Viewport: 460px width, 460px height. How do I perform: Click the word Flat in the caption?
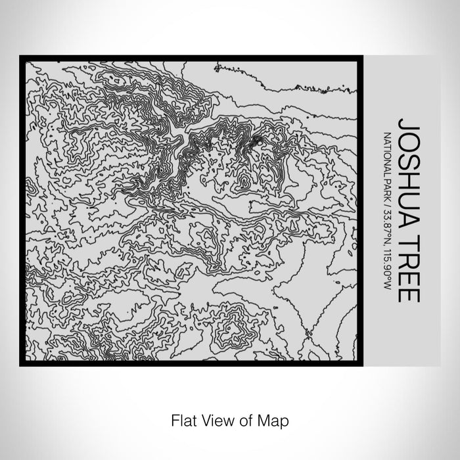[x=182, y=419]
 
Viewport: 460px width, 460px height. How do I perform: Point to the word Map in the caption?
[x=265, y=419]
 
